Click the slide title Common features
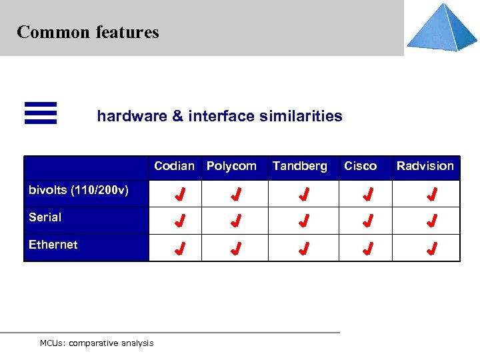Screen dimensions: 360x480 point(88,32)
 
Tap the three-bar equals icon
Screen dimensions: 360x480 point(41,113)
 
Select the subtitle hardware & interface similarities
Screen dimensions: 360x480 point(219,116)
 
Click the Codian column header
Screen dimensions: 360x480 point(174,166)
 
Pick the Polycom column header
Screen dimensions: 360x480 point(231,166)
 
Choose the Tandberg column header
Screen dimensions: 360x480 point(299,166)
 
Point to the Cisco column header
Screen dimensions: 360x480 point(360,166)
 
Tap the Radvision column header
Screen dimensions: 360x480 point(425,166)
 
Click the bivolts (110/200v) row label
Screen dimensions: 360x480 point(79,190)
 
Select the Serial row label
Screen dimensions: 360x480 point(45,217)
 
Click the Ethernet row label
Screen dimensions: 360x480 point(53,245)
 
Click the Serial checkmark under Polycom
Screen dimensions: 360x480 point(235,221)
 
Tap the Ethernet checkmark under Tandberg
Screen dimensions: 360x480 point(303,249)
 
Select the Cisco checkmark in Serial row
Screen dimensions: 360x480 point(367,221)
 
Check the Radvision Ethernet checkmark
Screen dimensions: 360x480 point(432,249)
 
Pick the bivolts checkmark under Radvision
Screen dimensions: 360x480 point(432,195)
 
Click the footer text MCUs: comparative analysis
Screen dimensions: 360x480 point(97,343)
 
